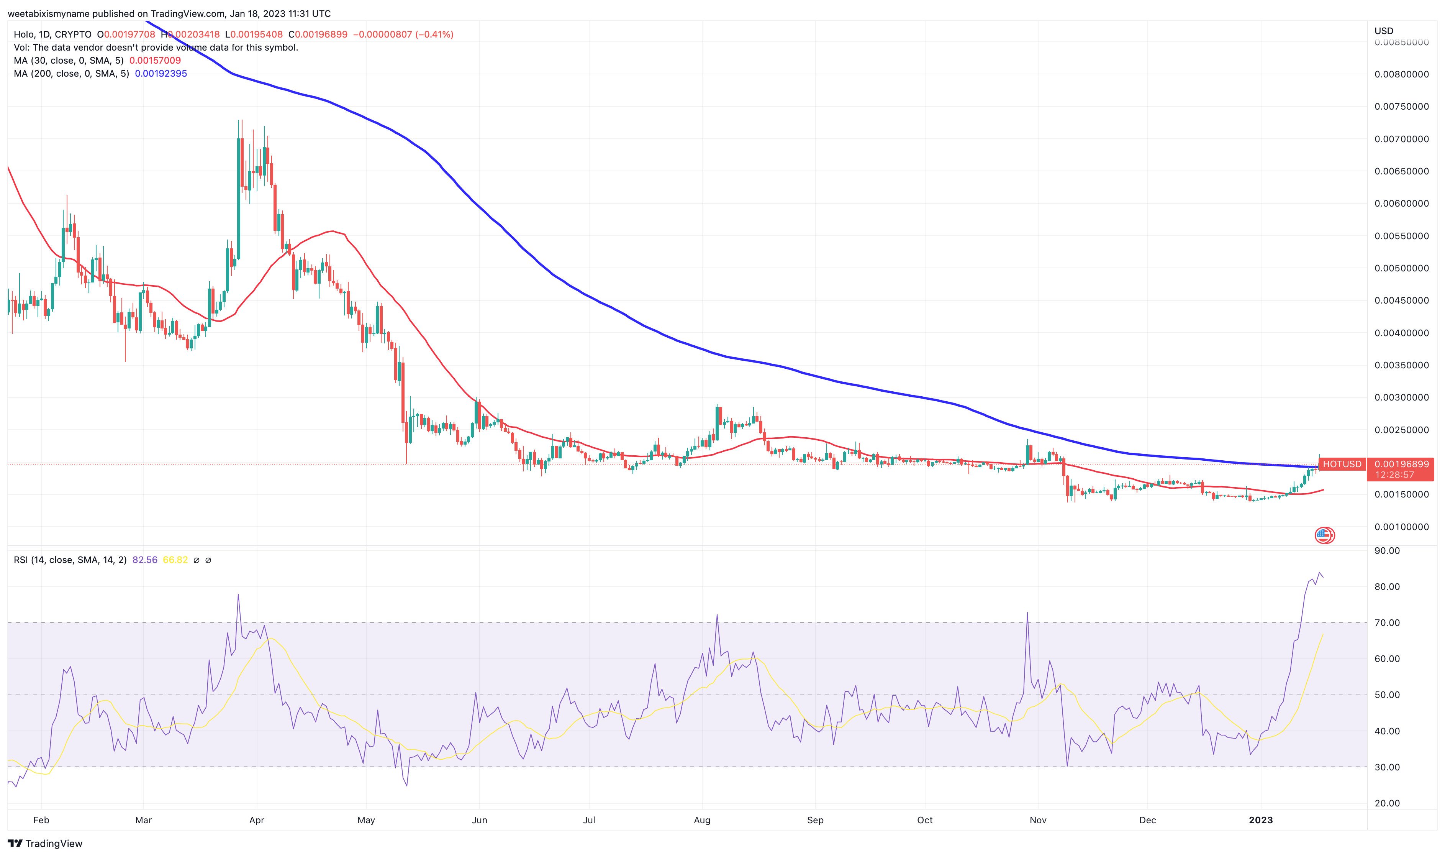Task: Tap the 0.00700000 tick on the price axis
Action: pyautogui.click(x=1401, y=139)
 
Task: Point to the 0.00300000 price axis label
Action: pyautogui.click(x=1401, y=397)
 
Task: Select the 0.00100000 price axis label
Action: pyautogui.click(x=1401, y=527)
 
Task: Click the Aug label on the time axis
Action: pyautogui.click(x=702, y=820)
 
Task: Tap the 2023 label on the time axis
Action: pyautogui.click(x=1261, y=820)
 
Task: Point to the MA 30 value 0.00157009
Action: pyautogui.click(x=155, y=61)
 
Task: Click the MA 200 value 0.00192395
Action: pyautogui.click(x=161, y=73)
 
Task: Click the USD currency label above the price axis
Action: pyautogui.click(x=1383, y=31)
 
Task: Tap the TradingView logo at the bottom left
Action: pyautogui.click(x=45, y=844)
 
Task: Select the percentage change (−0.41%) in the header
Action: pyautogui.click(x=434, y=34)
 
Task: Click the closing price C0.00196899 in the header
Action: pyautogui.click(x=318, y=34)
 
